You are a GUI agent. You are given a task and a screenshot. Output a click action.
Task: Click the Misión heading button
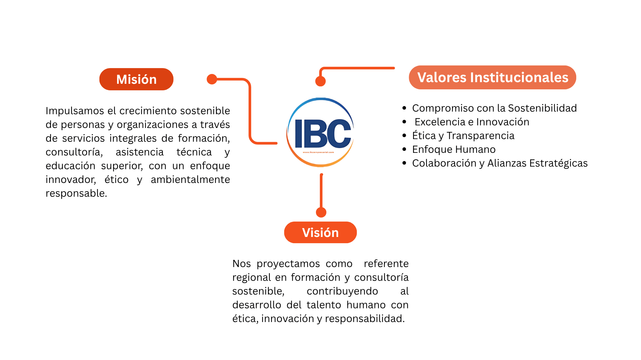point(136,79)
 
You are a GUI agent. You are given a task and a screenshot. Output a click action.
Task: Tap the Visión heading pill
point(320,232)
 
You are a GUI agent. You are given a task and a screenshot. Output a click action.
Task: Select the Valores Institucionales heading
point(493,78)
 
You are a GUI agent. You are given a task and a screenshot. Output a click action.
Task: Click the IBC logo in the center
point(320,133)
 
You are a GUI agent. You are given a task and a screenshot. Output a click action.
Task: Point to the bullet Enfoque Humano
point(454,149)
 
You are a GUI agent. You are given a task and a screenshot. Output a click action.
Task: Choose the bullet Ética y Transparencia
point(463,135)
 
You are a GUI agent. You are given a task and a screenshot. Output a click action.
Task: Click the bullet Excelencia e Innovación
point(472,122)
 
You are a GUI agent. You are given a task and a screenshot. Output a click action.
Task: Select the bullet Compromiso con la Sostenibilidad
point(494,108)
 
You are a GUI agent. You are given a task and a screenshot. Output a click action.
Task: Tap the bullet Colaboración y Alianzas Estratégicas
point(500,163)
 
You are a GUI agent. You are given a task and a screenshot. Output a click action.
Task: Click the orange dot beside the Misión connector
point(212,79)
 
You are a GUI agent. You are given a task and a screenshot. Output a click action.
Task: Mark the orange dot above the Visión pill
point(321,212)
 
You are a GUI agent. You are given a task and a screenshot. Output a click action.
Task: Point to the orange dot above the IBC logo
point(320,81)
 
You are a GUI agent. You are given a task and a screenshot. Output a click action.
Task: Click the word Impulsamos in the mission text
point(75,111)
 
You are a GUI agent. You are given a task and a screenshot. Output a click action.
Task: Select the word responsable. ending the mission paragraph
point(76,193)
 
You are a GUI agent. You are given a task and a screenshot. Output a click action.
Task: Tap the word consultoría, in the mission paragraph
point(74,152)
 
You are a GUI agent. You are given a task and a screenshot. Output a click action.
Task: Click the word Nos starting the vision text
point(241,263)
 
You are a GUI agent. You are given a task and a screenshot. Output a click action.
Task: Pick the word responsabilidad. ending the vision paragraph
point(365,318)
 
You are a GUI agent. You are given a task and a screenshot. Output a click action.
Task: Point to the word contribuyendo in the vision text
point(342,291)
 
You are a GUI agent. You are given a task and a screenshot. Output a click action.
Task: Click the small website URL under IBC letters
point(318,152)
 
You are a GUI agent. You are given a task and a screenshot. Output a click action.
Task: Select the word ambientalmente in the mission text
point(190,179)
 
